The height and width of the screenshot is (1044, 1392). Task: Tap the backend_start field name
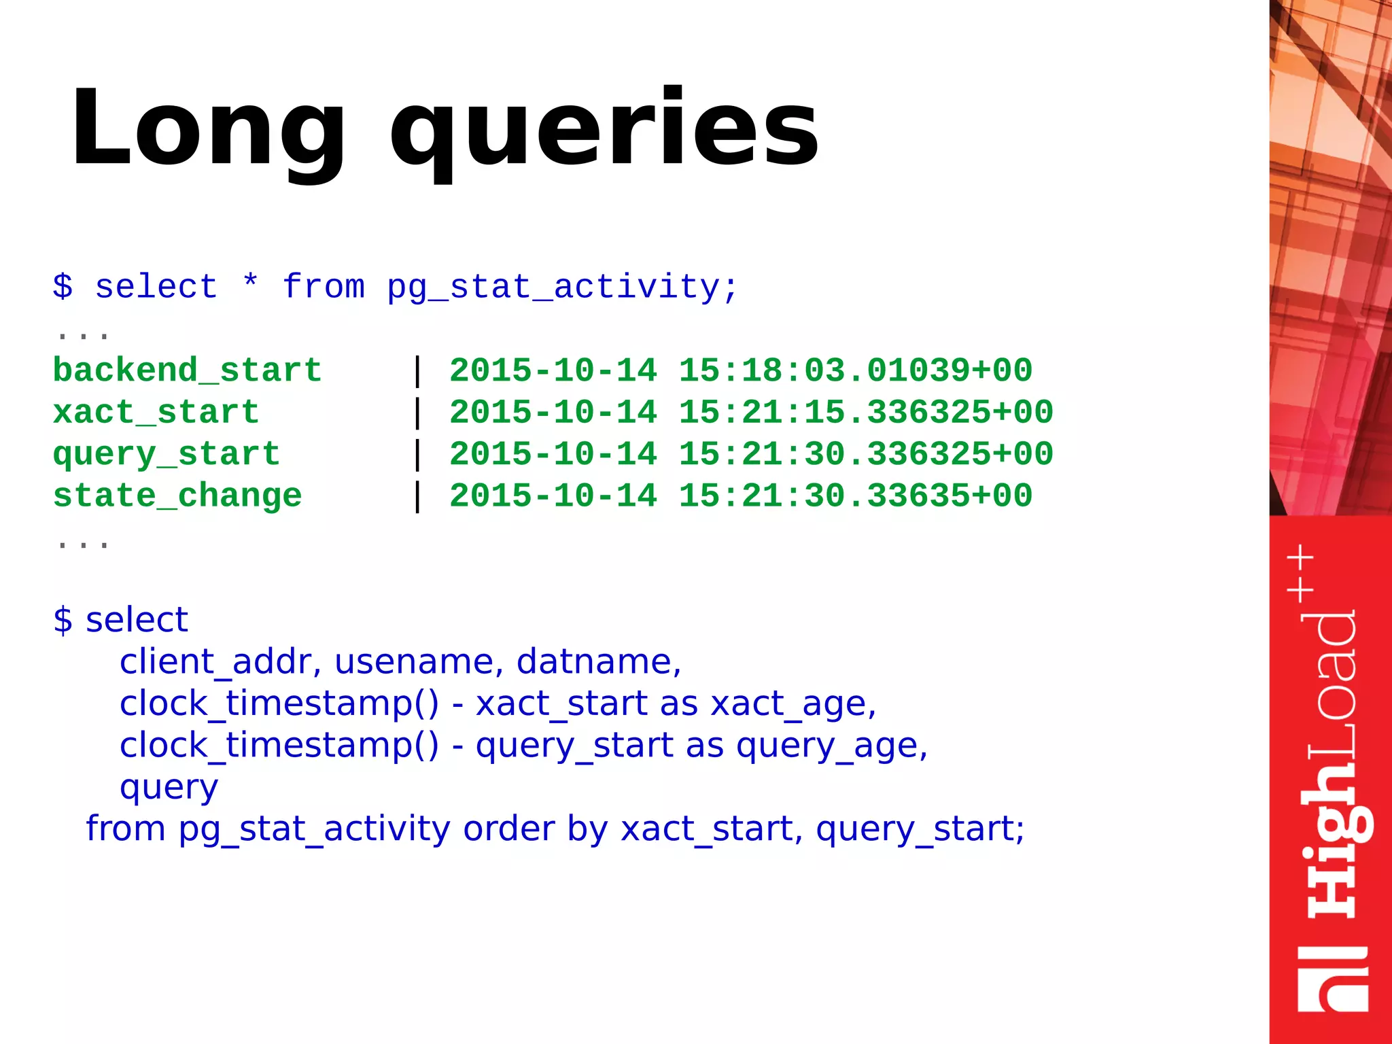pyautogui.click(x=187, y=371)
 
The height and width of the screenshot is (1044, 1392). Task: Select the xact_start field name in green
pyautogui.click(x=156, y=413)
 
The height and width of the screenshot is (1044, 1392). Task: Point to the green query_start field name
pyautogui.click(x=166, y=454)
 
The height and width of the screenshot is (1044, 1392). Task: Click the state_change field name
pyautogui.click(x=177, y=495)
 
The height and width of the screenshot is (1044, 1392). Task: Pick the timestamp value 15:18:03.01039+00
pyautogui.click(x=855, y=371)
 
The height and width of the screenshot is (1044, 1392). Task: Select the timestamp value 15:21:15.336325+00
pyautogui.click(x=865, y=413)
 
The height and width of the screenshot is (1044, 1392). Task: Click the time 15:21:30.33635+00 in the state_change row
pyautogui.click(x=855, y=495)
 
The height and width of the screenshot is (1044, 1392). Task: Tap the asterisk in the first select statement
pyautogui.click(x=250, y=281)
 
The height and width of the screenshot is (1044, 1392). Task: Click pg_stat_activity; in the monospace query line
pyautogui.click(x=562, y=288)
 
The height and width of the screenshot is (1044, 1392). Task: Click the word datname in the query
pyautogui.click(x=598, y=661)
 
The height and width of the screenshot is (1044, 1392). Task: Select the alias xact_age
pyautogui.click(x=793, y=703)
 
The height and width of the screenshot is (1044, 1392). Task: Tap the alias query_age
pyautogui.click(x=831, y=746)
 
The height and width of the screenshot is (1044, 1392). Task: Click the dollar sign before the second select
pyautogui.click(x=63, y=620)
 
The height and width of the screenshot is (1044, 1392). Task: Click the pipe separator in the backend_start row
pyautogui.click(x=417, y=371)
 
